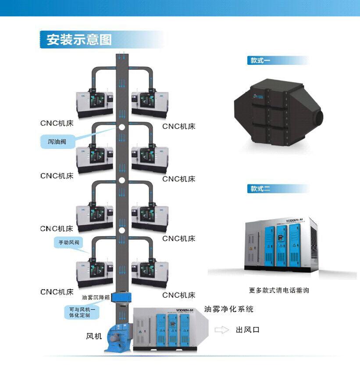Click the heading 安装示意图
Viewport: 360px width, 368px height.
(79, 39)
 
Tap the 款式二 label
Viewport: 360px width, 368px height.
(260, 189)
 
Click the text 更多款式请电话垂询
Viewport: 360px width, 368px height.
(278, 290)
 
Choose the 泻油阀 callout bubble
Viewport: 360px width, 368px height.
(57, 142)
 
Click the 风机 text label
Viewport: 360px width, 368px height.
(94, 336)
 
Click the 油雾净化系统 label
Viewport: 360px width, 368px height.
(228, 309)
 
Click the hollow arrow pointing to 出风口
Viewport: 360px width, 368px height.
(222, 330)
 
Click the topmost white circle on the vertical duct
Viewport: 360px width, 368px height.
(122, 127)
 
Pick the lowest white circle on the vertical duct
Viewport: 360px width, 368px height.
(122, 230)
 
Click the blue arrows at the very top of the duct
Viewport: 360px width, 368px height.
(122, 56)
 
